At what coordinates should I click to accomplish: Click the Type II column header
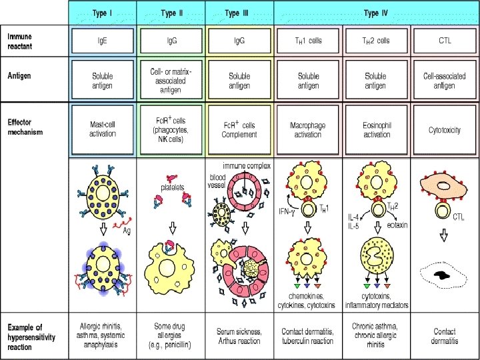coord(171,13)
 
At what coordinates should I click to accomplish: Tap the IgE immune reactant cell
coord(102,41)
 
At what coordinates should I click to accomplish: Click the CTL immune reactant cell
coord(445,41)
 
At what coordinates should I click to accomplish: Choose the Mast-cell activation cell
coord(102,129)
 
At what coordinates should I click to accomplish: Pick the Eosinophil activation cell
coord(377,129)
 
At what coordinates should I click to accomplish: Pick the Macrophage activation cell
coord(308,129)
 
